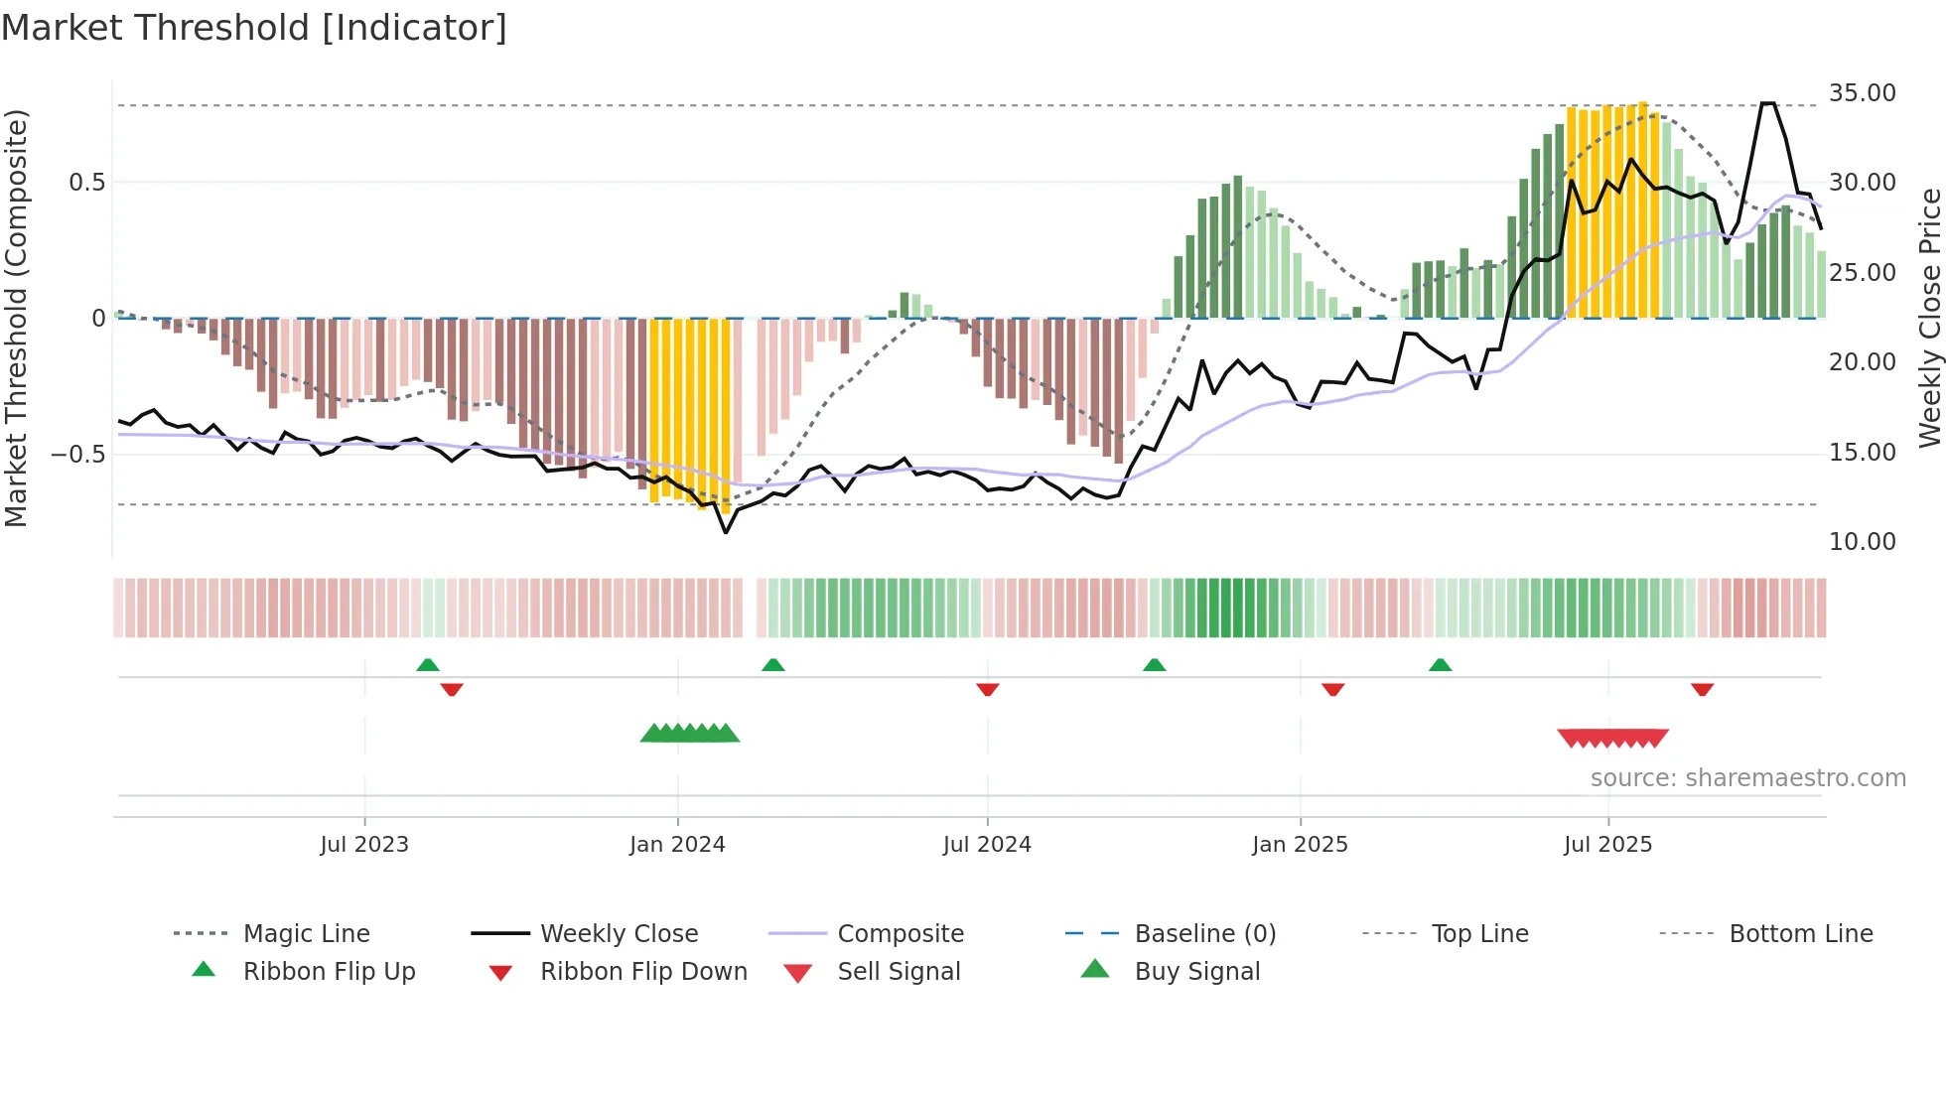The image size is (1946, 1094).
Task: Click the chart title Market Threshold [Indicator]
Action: (254, 28)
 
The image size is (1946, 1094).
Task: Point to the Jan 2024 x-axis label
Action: (677, 845)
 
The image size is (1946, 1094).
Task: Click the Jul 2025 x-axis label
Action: (1607, 845)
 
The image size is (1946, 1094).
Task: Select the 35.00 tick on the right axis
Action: (1862, 93)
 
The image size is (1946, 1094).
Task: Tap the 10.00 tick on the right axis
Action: (1862, 542)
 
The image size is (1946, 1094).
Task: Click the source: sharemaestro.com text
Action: (1747, 778)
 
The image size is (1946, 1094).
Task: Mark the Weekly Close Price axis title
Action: (1929, 318)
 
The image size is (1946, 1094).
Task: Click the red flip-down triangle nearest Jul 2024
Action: (987, 689)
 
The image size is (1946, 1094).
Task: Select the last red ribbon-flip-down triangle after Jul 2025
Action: (1702, 689)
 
